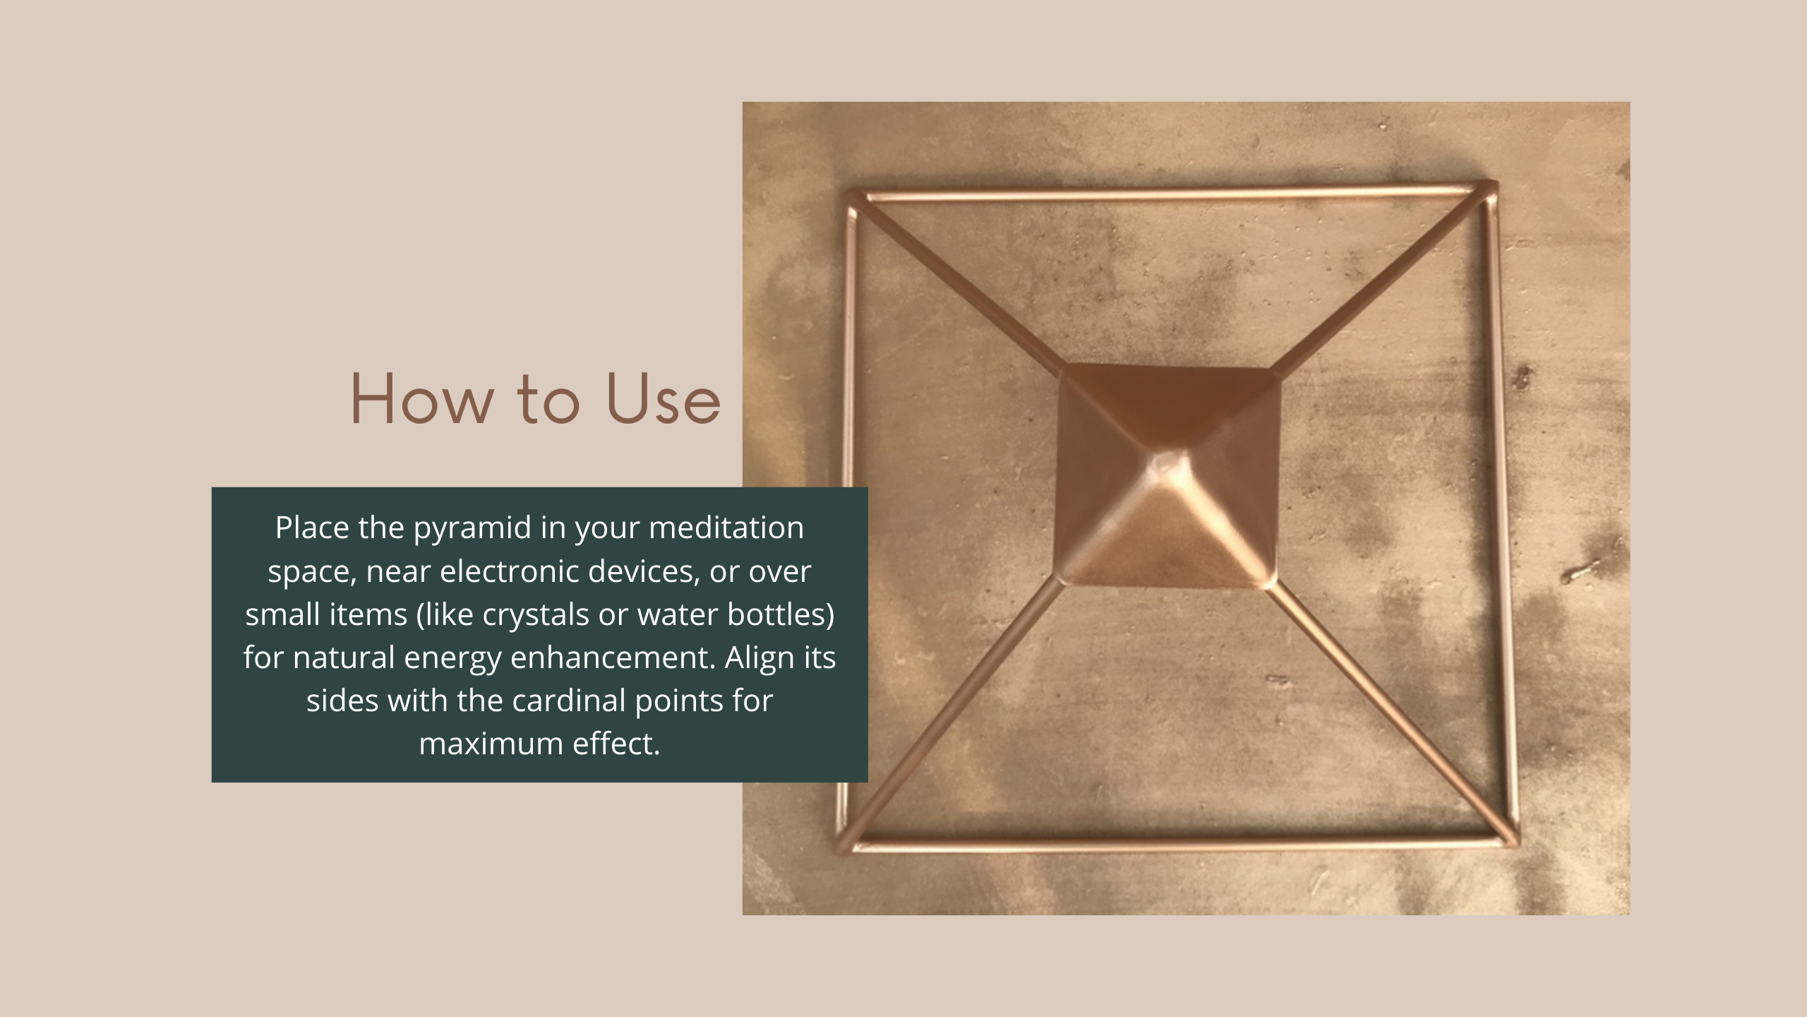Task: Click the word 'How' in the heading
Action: [422, 399]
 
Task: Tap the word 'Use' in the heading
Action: [664, 399]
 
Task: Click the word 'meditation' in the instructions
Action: [726, 528]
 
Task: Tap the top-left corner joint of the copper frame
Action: [856, 197]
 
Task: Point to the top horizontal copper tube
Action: [1172, 193]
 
